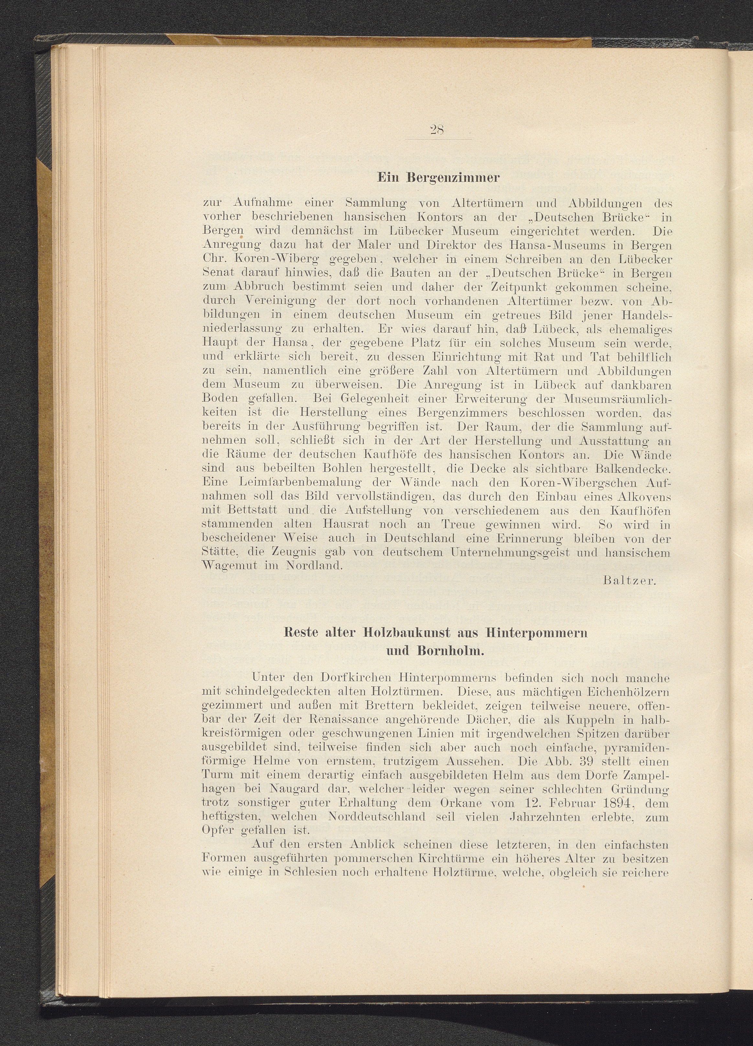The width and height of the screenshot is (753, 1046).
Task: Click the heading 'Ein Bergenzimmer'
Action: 438,178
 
